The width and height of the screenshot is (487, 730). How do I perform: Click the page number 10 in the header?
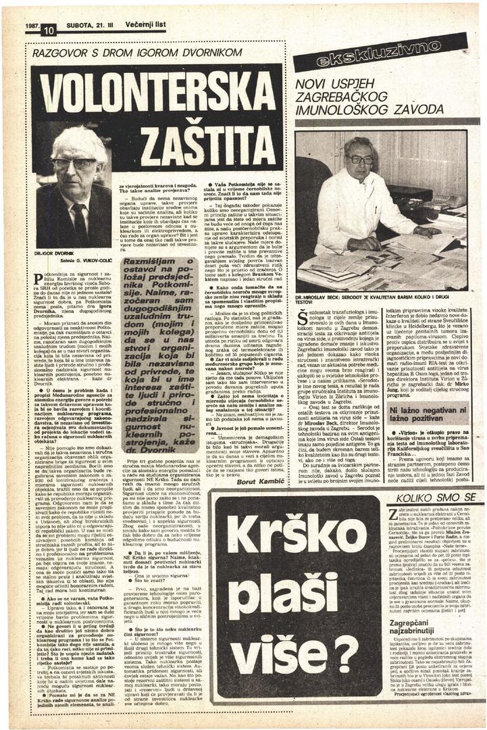tap(48, 30)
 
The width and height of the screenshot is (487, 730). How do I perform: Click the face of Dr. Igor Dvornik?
tap(74, 164)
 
